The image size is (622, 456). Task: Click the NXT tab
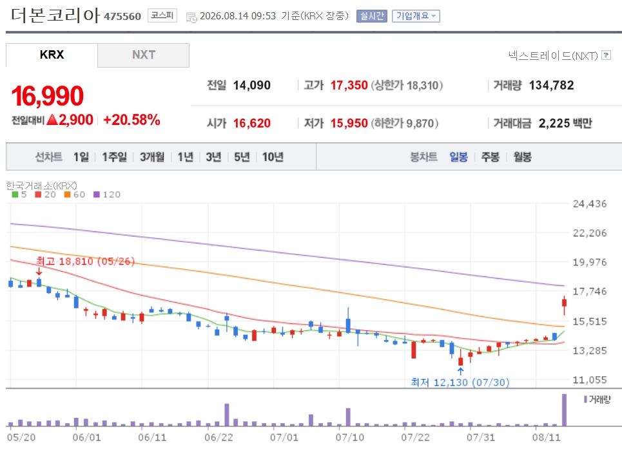click(143, 55)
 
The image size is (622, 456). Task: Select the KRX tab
click(52, 55)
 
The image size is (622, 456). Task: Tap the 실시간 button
click(372, 16)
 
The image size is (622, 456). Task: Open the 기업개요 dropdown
click(416, 16)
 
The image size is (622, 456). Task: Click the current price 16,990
click(47, 96)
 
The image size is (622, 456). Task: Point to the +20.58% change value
click(131, 120)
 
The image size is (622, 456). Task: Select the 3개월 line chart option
click(152, 157)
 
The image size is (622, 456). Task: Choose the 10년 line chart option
click(273, 157)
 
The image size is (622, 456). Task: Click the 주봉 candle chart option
click(491, 157)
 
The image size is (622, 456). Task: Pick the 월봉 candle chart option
click(523, 157)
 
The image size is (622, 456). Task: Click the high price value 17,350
click(349, 85)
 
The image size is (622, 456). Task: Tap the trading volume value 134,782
click(551, 85)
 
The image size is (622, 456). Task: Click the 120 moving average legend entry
click(107, 195)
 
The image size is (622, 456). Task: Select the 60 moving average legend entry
click(75, 195)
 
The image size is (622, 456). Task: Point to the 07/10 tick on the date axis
click(350, 437)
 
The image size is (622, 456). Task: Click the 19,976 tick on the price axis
click(590, 262)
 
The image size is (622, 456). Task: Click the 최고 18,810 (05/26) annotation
click(85, 261)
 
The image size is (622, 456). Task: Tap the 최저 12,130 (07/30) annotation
click(460, 382)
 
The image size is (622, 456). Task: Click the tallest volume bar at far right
click(564, 410)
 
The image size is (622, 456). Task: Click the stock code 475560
click(122, 16)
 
